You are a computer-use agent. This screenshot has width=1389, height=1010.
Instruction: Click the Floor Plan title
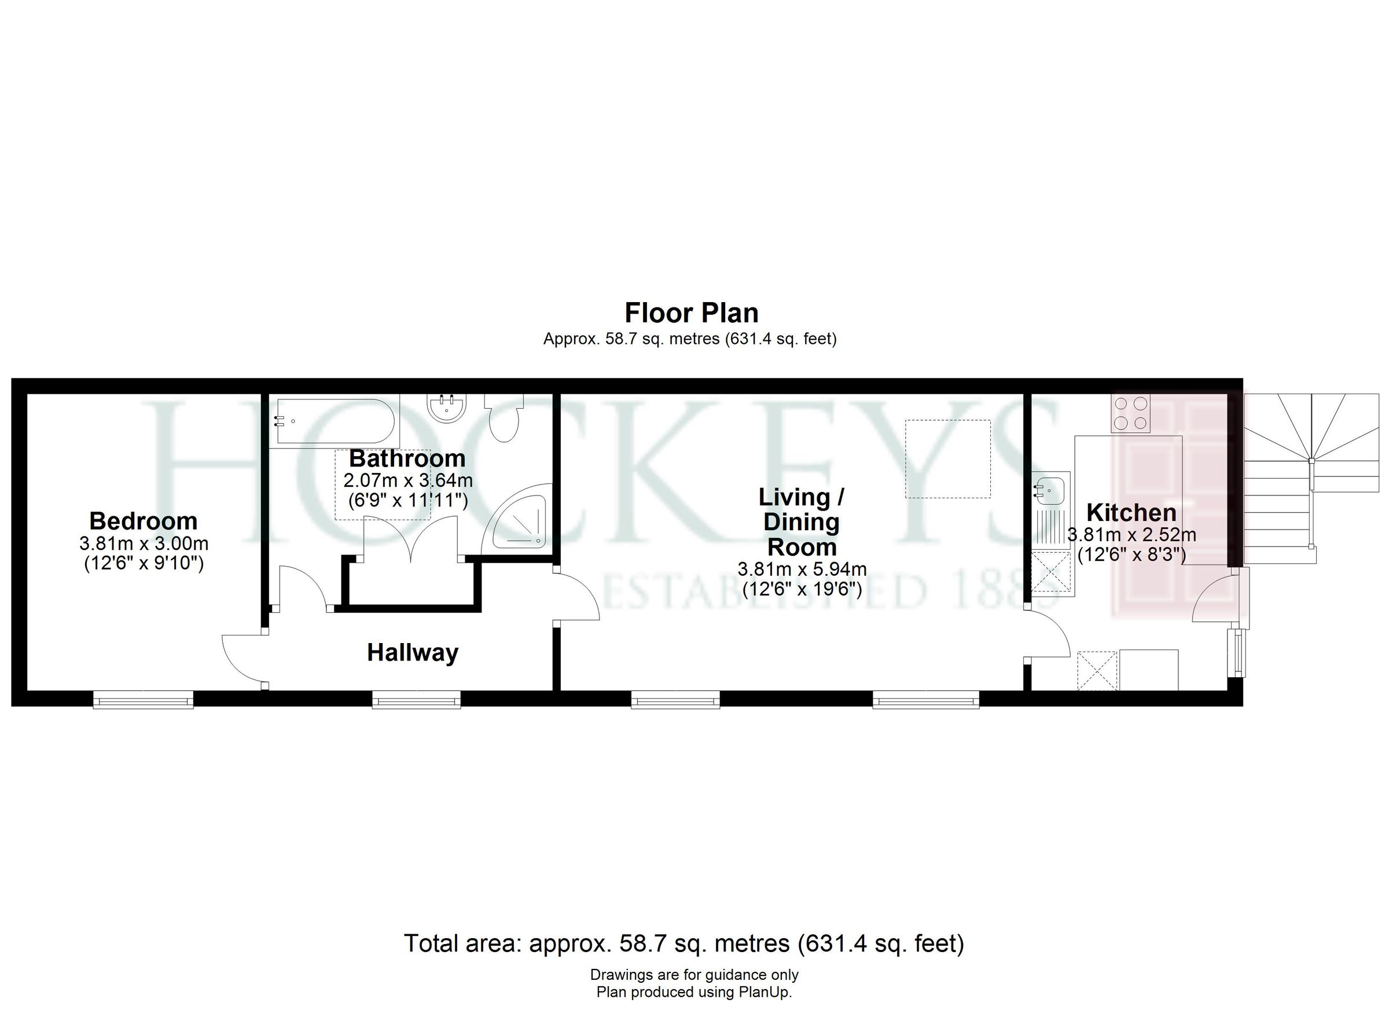[x=692, y=313]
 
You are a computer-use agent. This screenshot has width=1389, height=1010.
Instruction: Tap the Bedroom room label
[x=144, y=521]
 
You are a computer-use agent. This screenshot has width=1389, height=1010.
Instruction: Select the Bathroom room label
[x=407, y=458]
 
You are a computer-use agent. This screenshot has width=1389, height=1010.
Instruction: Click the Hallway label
[x=412, y=652]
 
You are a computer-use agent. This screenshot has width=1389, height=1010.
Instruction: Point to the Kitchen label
[x=1131, y=512]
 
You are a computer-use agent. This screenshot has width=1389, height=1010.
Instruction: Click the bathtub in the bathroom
[x=331, y=421]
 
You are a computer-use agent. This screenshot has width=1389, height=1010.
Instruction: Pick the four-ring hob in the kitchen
[x=1130, y=413]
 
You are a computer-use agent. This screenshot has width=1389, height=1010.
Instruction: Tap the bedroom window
[x=144, y=699]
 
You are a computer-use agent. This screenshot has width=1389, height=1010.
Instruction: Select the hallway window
[x=417, y=699]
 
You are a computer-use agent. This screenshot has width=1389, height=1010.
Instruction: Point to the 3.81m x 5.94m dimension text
[x=802, y=570]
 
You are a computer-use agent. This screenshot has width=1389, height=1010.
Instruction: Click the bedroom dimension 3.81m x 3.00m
[x=144, y=543]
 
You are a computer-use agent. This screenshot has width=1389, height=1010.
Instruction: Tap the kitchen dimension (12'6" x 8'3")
[x=1131, y=555]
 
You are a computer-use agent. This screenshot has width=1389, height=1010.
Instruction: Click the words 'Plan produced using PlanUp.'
[x=694, y=992]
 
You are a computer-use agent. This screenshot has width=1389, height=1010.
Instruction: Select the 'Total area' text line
[x=684, y=943]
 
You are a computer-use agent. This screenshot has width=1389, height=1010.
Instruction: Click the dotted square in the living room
[x=948, y=459]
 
